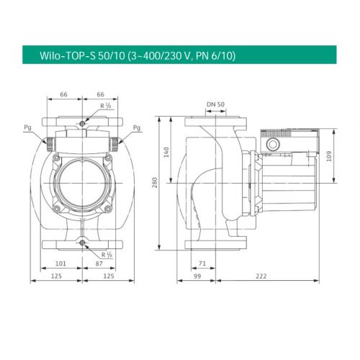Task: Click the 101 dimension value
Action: [x=61, y=264]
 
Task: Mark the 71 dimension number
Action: [x=203, y=264]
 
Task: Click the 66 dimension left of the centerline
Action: [x=63, y=94]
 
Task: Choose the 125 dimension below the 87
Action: [x=109, y=276]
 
